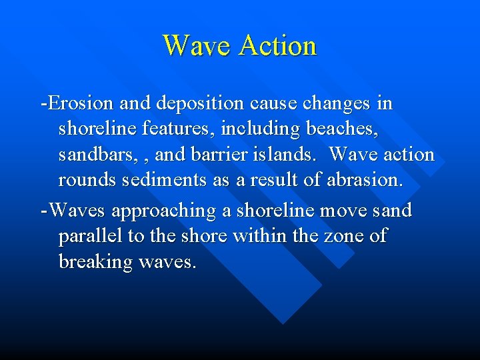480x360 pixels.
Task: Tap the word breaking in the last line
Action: [x=96, y=263]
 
